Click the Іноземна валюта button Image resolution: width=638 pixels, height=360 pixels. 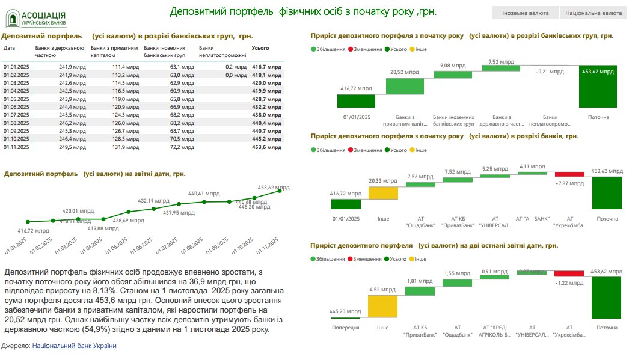(x=524, y=13)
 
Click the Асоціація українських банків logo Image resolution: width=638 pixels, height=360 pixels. (x=36, y=19)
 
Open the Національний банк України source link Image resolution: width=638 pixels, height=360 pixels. (x=74, y=346)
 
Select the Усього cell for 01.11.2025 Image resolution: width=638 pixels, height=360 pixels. (x=266, y=146)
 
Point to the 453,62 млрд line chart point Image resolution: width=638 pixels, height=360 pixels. (x=280, y=191)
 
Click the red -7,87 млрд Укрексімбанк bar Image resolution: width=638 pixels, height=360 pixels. (x=569, y=174)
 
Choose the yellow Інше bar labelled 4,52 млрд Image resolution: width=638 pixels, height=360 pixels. (x=383, y=307)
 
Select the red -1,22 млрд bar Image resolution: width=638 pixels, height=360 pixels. (x=569, y=273)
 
